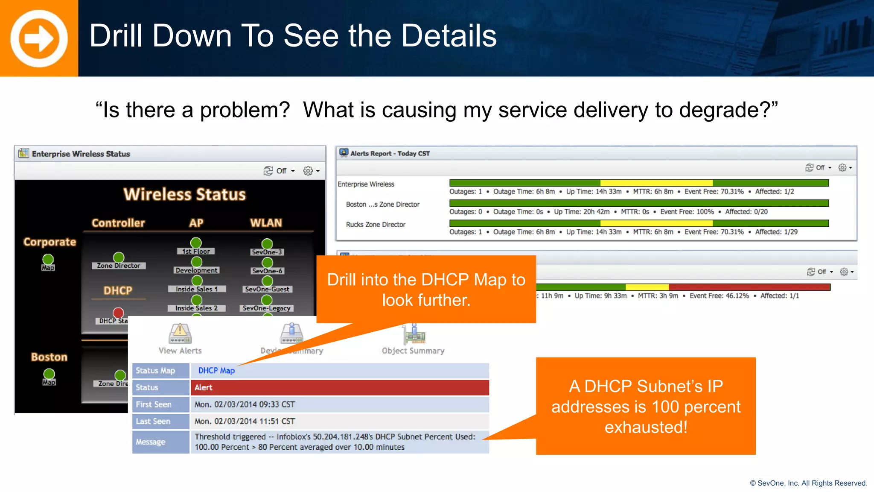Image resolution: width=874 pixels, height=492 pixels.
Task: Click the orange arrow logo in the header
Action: pyautogui.click(x=39, y=38)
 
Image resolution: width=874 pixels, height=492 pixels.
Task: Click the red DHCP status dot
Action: pyautogui.click(x=118, y=313)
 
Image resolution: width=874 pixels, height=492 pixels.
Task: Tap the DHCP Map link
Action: pyautogui.click(x=216, y=371)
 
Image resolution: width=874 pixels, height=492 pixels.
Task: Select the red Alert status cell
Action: pyautogui.click(x=340, y=387)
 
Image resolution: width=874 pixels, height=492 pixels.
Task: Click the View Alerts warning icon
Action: pyautogui.click(x=180, y=334)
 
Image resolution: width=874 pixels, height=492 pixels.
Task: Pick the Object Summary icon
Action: pyautogui.click(x=414, y=334)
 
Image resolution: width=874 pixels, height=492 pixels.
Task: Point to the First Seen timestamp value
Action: pyautogui.click(x=245, y=404)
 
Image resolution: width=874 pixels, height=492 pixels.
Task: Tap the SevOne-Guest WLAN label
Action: pyautogui.click(x=267, y=289)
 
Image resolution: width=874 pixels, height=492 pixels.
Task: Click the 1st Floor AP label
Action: pyautogui.click(x=196, y=252)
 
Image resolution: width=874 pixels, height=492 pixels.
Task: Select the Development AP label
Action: pyautogui.click(x=197, y=270)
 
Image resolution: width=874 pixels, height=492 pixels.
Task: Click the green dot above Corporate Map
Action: pyautogui.click(x=48, y=259)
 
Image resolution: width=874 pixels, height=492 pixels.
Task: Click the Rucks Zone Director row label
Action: pyautogui.click(x=376, y=225)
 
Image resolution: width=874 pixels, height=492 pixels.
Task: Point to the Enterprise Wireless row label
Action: pyautogui.click(x=366, y=184)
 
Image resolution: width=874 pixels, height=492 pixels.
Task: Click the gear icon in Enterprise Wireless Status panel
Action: pyautogui.click(x=308, y=171)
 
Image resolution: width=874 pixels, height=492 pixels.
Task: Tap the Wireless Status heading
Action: pyautogui.click(x=185, y=195)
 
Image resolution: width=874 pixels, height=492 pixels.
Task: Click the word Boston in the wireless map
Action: pyautogui.click(x=49, y=357)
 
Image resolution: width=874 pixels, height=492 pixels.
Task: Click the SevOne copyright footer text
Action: pyautogui.click(x=808, y=483)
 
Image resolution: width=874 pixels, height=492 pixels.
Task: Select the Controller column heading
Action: pyautogui.click(x=118, y=223)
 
